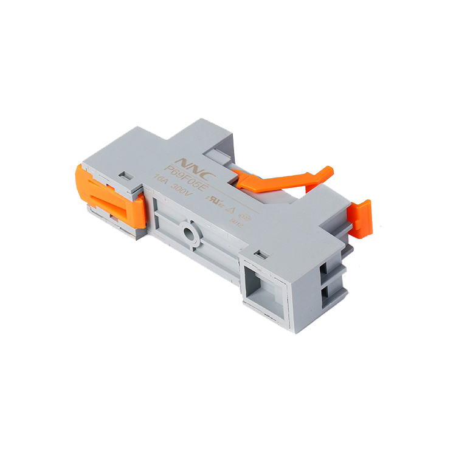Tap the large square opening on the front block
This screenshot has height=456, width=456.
click(263, 283)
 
